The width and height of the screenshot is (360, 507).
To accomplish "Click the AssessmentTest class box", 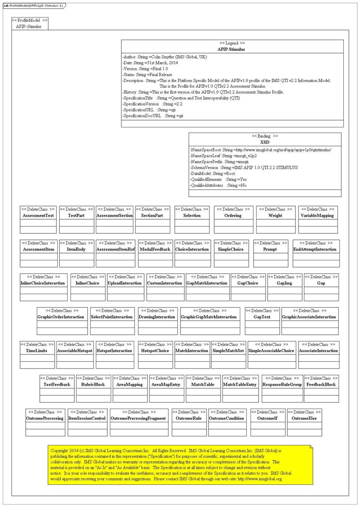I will [x=38, y=219].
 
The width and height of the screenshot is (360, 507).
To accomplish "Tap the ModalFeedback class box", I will [x=155, y=253].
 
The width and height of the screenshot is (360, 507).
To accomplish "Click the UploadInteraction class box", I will [x=125, y=287].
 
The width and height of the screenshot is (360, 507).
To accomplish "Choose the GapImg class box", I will [x=284, y=287].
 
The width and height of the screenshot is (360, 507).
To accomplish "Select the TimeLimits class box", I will [x=37, y=354].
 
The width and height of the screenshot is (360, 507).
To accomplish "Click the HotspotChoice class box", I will [x=155, y=354].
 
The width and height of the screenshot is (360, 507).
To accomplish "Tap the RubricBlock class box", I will [x=93, y=388].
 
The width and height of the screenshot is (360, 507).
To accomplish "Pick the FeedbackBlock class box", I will [x=321, y=388].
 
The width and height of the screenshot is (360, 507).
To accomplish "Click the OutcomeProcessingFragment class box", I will [x=138, y=422].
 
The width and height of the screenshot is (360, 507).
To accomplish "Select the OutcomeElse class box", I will [x=304, y=422].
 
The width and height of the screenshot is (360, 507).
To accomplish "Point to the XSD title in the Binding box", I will [x=265, y=142].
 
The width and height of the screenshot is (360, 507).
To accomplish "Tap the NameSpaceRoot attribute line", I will [x=260, y=150].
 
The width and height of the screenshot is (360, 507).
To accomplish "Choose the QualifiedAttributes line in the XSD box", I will [x=224, y=186].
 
